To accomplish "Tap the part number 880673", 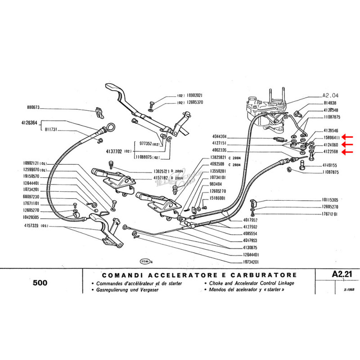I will [33, 108].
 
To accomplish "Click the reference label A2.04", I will [330, 95].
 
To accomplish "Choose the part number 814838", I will [330, 103].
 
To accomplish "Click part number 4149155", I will [330, 166].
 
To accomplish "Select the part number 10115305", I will [330, 199].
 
